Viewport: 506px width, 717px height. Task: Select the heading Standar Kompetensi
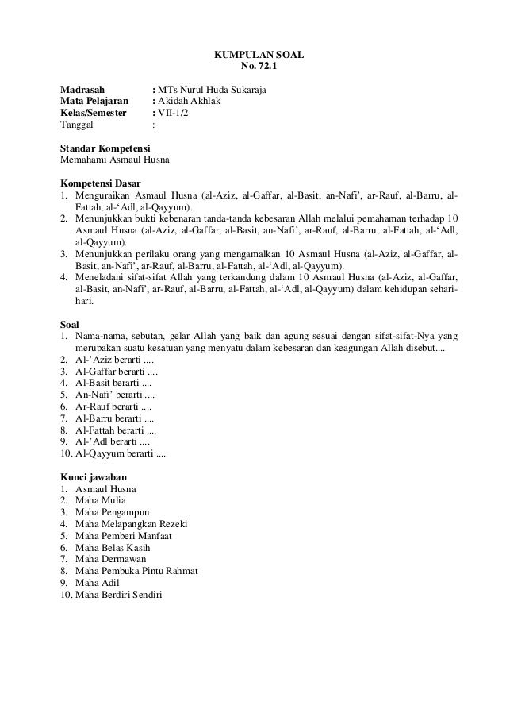106,148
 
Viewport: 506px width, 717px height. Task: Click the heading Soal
71,323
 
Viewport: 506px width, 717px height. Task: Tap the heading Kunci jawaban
94,476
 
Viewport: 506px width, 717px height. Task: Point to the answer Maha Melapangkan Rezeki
130,524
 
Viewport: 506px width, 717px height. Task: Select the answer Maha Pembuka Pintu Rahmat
136,572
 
